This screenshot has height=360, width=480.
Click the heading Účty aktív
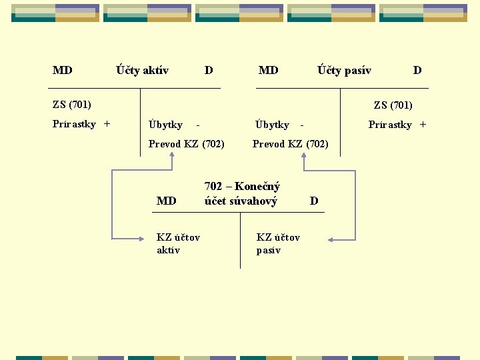point(142,70)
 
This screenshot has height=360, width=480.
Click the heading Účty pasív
point(344,70)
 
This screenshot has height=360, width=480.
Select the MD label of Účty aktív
point(63,70)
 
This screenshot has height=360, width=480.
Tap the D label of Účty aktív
point(209,70)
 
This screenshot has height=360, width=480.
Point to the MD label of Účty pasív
point(268,70)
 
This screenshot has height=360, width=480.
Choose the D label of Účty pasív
point(417,70)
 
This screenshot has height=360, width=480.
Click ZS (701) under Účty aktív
point(72,104)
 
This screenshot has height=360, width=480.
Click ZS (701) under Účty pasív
point(393,105)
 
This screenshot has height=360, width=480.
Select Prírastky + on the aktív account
point(81,123)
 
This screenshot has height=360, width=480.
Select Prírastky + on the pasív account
point(397,124)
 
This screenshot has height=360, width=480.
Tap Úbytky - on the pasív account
point(280,125)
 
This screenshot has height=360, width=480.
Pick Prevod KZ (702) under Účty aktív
point(186,143)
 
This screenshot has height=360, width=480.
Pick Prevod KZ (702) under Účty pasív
point(290,143)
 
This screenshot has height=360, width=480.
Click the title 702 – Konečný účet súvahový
point(241,193)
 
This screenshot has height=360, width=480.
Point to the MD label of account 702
point(166,201)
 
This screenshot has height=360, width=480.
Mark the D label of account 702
point(314,201)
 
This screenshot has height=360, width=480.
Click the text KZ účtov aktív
point(178,243)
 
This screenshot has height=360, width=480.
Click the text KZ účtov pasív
point(278,243)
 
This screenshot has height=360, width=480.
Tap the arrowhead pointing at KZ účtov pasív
point(331,239)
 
